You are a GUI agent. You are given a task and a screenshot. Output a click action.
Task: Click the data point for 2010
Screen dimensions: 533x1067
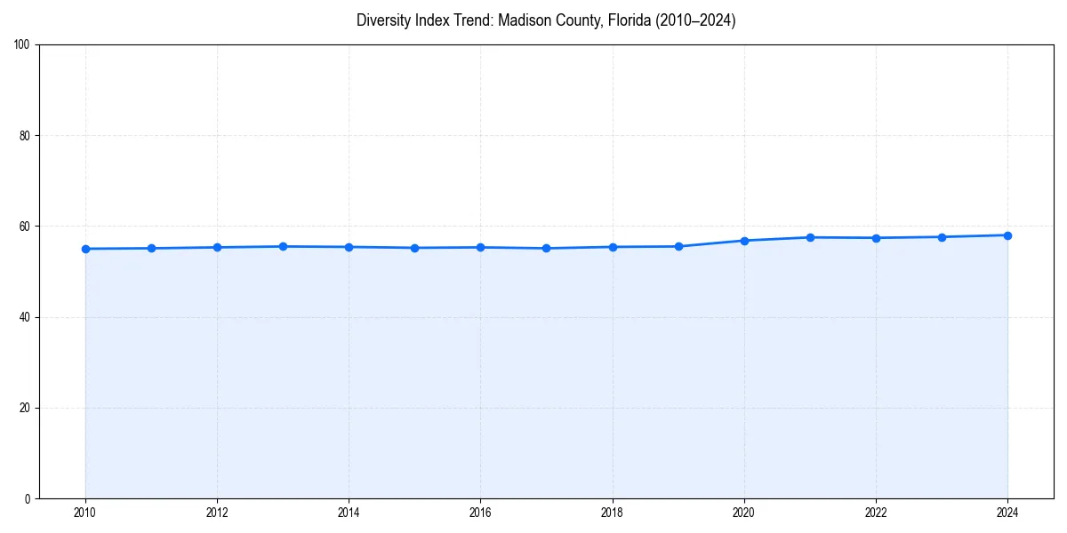pos(85,249)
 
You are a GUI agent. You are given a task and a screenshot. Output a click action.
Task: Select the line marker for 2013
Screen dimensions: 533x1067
pos(283,246)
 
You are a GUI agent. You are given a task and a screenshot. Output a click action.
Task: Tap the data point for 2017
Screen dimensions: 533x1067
pos(546,248)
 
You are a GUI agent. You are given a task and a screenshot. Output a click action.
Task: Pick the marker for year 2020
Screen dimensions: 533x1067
pos(744,241)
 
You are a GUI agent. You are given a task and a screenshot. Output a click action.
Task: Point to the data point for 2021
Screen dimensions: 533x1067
pos(810,237)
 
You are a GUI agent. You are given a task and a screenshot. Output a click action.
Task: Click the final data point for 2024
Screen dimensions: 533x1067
pos(1007,235)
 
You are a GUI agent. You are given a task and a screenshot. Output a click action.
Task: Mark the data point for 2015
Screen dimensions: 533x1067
pos(414,248)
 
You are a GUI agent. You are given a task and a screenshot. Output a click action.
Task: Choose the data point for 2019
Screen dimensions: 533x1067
pos(678,246)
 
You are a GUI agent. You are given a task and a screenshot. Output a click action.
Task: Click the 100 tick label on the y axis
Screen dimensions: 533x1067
pos(23,45)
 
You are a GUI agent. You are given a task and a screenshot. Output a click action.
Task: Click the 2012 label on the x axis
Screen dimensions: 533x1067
pos(217,513)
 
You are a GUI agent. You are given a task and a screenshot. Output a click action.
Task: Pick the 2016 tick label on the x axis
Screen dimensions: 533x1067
pos(480,513)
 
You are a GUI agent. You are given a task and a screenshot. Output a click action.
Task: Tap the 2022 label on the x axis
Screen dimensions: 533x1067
pos(876,513)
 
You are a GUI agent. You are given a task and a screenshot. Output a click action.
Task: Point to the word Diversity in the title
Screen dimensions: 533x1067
pos(384,20)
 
